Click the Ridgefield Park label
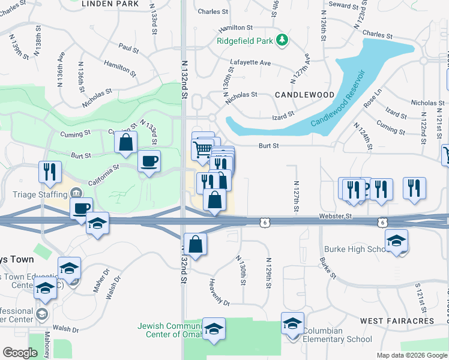[245, 42]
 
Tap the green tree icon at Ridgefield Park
[282, 41]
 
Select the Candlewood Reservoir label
[339, 100]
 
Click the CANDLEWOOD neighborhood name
[304, 95]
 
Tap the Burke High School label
[354, 249]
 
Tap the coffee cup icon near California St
[148, 161]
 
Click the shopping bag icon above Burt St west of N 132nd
[125, 142]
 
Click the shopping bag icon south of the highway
[195, 244]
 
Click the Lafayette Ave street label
[251, 62]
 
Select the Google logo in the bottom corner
[20, 353]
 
